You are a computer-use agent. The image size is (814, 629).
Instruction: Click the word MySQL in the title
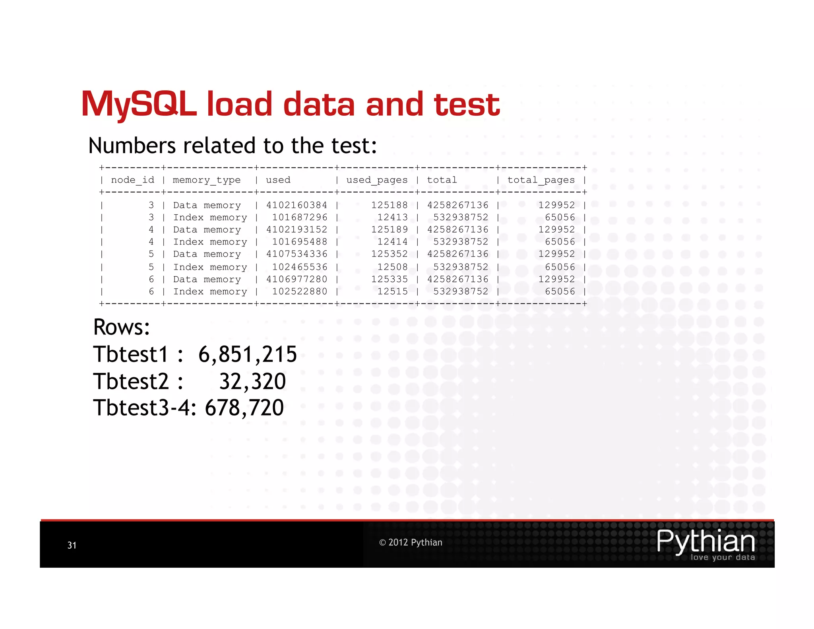click(x=139, y=105)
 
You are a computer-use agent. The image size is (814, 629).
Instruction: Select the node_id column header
click(x=132, y=180)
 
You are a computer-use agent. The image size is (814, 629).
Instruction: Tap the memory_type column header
click(x=207, y=180)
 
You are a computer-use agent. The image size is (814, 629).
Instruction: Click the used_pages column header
click(x=377, y=180)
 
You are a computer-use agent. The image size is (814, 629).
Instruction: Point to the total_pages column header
click(x=541, y=180)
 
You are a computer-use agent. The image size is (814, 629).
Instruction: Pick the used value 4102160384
click(x=297, y=205)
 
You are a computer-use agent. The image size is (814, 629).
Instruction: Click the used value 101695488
click(x=300, y=242)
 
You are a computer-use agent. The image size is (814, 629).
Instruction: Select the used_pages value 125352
click(x=389, y=254)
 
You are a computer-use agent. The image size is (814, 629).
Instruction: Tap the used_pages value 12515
click(x=392, y=291)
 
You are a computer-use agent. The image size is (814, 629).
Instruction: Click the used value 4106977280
click(x=297, y=279)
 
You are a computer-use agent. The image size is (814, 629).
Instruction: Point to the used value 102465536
click(x=300, y=267)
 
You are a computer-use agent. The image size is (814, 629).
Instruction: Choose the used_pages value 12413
click(x=392, y=217)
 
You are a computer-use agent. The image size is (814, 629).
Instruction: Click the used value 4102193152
click(x=297, y=230)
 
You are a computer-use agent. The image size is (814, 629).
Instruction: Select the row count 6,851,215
click(x=248, y=354)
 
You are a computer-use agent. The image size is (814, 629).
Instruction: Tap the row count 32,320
click(x=252, y=381)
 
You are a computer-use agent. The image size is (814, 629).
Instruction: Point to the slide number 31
click(x=72, y=545)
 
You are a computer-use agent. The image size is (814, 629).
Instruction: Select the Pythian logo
click(x=706, y=544)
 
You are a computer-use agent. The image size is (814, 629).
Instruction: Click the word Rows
click(x=121, y=327)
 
